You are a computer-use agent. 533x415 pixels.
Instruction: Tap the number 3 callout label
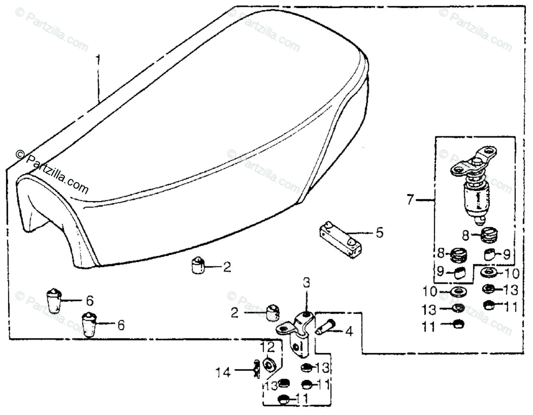(x=307, y=282)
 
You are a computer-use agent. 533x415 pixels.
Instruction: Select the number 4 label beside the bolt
(x=349, y=331)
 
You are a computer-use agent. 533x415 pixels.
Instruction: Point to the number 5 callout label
(x=379, y=233)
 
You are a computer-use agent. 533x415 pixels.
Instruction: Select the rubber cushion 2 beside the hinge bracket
(x=272, y=313)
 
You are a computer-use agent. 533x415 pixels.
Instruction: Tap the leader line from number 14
(x=242, y=370)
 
